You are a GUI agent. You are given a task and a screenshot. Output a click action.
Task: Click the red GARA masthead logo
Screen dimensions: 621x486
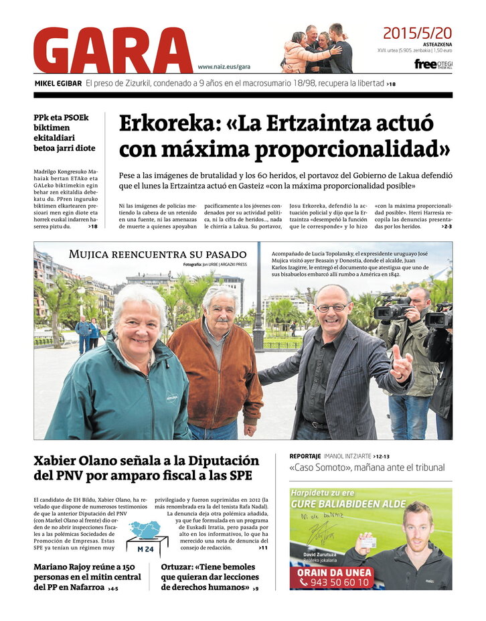click(112, 50)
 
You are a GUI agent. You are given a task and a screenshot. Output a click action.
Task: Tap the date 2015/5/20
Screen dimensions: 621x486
click(417, 33)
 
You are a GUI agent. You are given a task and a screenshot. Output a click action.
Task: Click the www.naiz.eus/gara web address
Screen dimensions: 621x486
click(224, 66)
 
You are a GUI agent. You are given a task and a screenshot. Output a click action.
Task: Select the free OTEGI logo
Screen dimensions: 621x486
click(432, 64)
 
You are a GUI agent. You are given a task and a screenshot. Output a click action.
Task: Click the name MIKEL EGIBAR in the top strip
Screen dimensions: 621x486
click(58, 84)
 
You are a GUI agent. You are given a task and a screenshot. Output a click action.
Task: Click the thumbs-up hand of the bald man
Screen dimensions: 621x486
click(401, 365)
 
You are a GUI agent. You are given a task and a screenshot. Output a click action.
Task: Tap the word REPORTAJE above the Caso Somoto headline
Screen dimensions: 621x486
click(305, 456)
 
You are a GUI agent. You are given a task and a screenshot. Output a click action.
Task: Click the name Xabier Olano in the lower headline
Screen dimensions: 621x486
click(76, 461)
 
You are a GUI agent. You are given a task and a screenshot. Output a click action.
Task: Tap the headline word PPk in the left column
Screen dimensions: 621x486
click(44, 118)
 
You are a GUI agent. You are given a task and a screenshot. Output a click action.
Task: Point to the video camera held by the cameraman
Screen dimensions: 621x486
click(394, 310)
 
